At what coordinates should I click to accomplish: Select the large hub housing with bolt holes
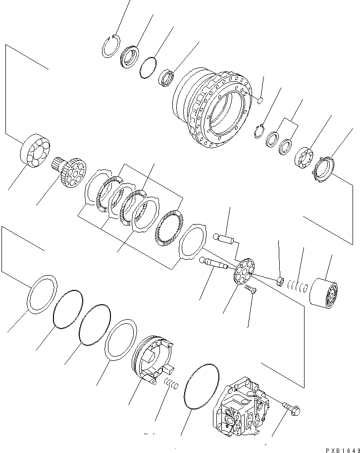click(x=213, y=107)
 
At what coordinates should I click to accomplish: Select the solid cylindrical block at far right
click(x=324, y=293)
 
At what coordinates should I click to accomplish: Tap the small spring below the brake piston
click(x=171, y=384)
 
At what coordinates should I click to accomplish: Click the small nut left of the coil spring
click(x=281, y=283)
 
